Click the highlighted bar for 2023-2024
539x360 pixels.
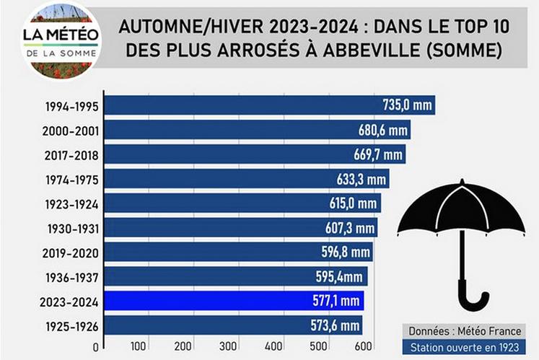coord(235,301)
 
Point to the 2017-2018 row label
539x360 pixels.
coord(71,154)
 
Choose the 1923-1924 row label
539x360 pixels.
coord(71,204)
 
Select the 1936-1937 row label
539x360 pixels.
coord(71,277)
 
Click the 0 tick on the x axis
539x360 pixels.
coord(95,347)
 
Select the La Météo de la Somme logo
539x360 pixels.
coord(61,40)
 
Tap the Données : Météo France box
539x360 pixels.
coord(463,330)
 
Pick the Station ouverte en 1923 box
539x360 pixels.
coord(464,348)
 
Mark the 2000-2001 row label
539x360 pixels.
coord(71,131)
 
